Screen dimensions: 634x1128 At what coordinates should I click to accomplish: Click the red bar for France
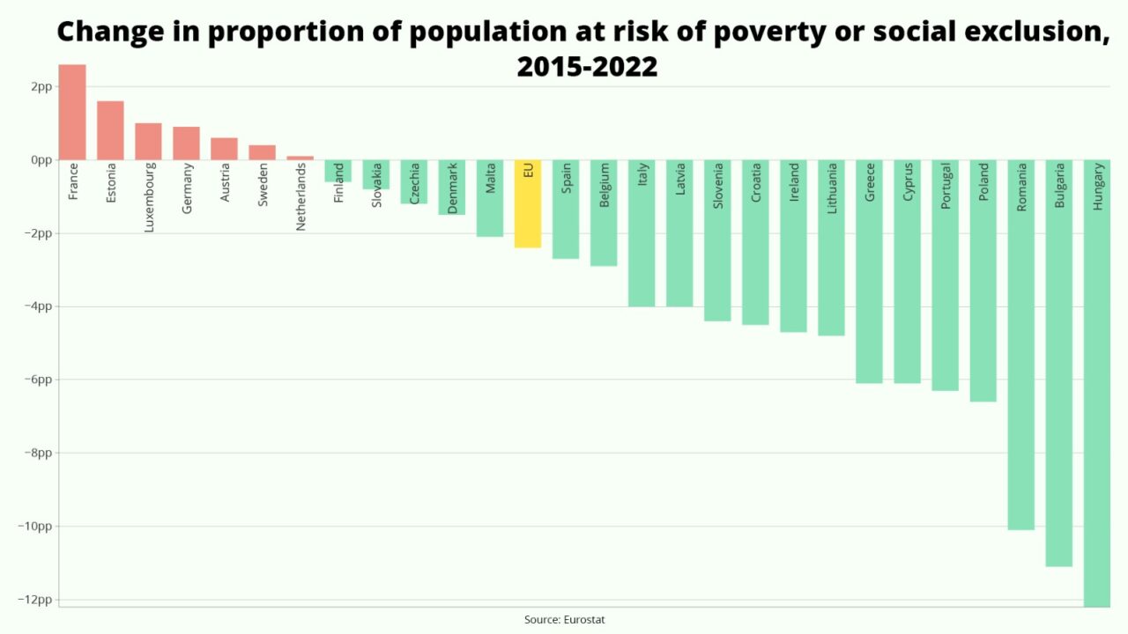pyautogui.click(x=72, y=112)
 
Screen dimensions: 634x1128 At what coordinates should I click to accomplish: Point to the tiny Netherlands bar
pyautogui.click(x=300, y=158)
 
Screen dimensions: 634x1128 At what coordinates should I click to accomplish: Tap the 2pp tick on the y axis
pyautogui.click(x=41, y=86)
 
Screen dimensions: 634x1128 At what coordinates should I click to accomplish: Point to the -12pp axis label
pyautogui.click(x=35, y=600)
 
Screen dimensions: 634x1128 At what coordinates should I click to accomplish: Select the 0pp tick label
pyautogui.click(x=41, y=159)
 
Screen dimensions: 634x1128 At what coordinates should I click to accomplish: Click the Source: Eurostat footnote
pyautogui.click(x=564, y=620)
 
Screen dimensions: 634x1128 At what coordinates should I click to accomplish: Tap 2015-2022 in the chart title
pyautogui.click(x=587, y=66)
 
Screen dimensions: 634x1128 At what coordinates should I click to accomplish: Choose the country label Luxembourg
pyautogui.click(x=149, y=197)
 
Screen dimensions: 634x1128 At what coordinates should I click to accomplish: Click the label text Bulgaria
pyautogui.click(x=1059, y=186)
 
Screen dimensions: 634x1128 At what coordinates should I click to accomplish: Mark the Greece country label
pyautogui.click(x=870, y=182)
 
